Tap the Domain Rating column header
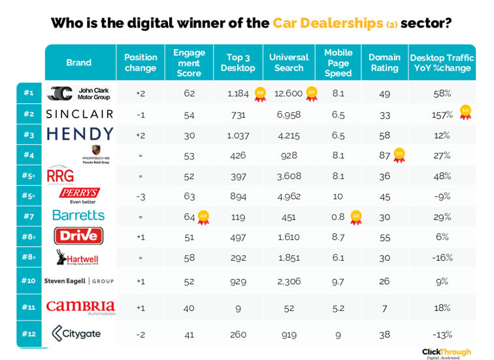click(x=384, y=63)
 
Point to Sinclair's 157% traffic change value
click(x=442, y=114)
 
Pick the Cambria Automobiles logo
click(x=80, y=306)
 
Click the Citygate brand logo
click(x=76, y=334)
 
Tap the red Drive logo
click(x=79, y=235)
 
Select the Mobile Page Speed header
click(x=338, y=63)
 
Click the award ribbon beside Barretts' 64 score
click(x=203, y=216)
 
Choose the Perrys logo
click(x=79, y=195)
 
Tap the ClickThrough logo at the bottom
click(x=446, y=352)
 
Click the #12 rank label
click(x=29, y=334)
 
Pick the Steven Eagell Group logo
click(x=79, y=281)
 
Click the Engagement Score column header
click(x=189, y=63)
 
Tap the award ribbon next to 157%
click(x=465, y=112)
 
